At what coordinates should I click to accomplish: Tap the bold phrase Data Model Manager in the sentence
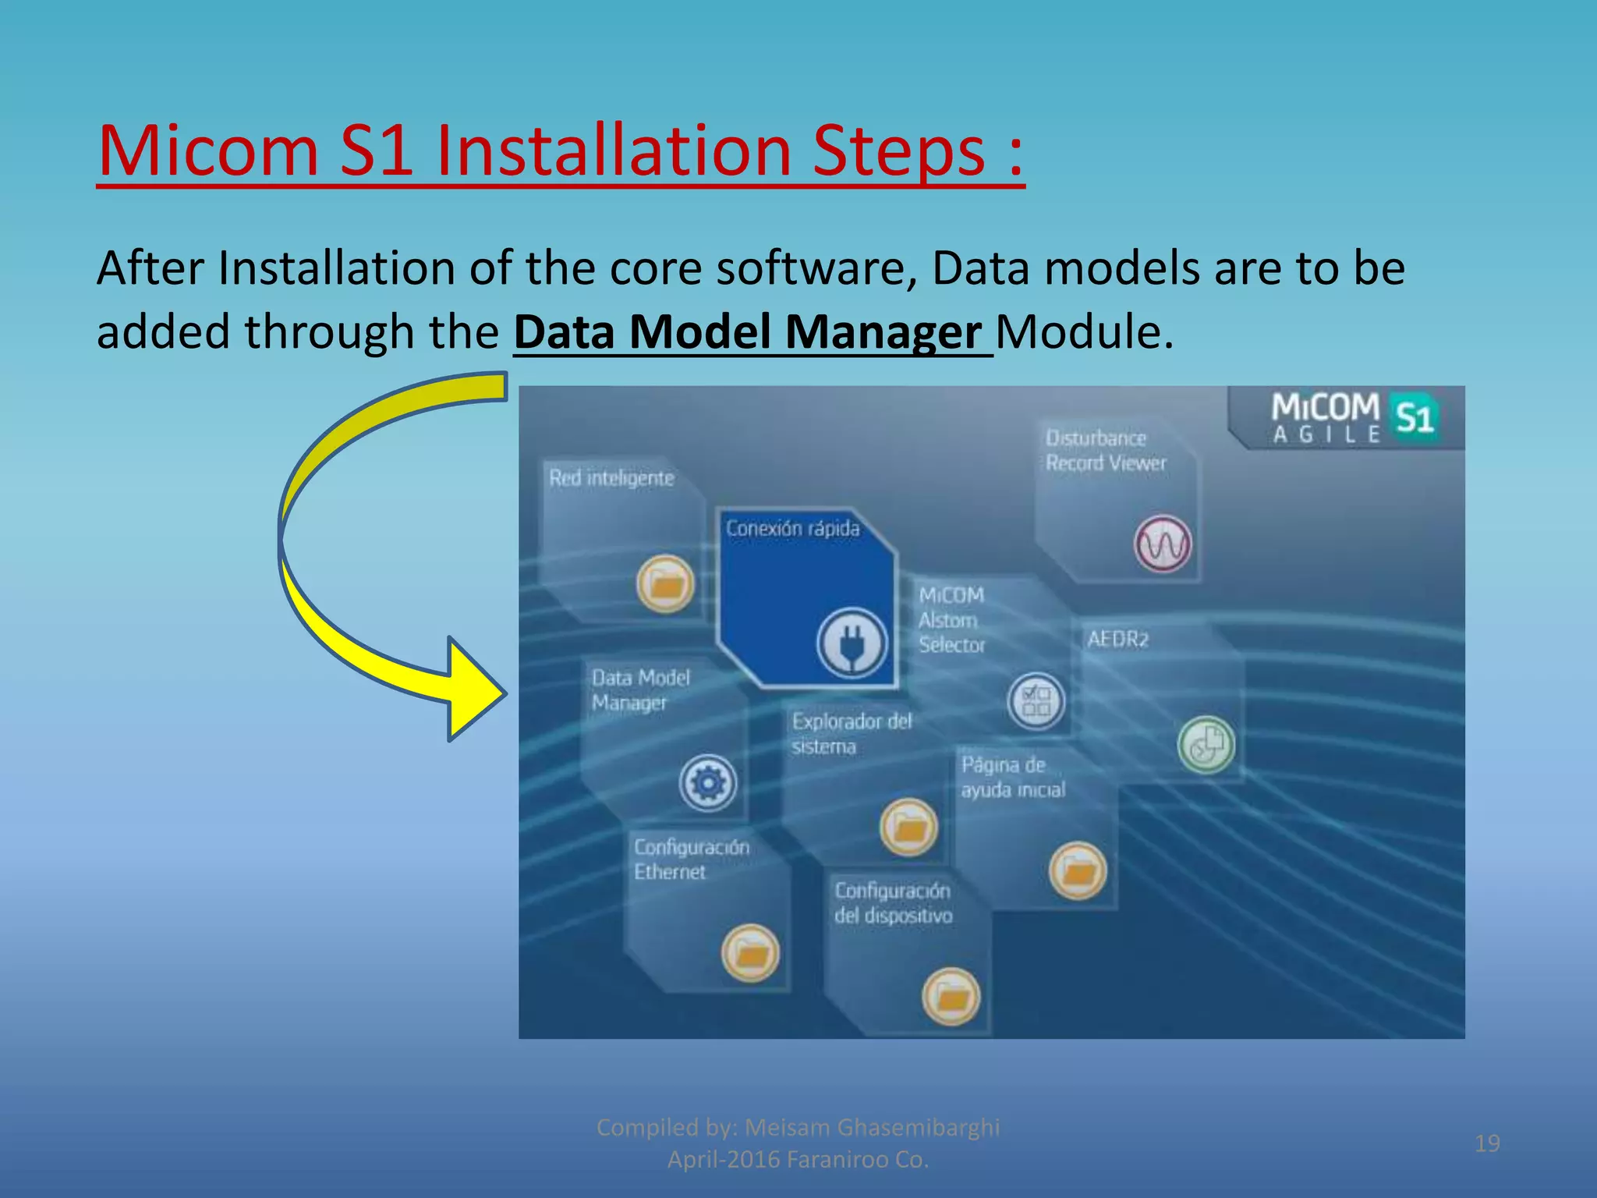(x=747, y=332)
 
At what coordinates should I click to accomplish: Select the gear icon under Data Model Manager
(x=707, y=782)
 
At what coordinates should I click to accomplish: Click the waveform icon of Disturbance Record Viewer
(x=1162, y=544)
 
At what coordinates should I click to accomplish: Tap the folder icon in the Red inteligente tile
(x=665, y=583)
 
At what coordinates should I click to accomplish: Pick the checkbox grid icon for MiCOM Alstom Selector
(x=1036, y=700)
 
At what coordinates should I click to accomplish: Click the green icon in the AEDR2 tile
(x=1206, y=745)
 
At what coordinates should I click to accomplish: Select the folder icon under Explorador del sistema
(x=908, y=827)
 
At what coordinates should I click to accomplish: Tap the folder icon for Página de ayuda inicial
(x=1078, y=870)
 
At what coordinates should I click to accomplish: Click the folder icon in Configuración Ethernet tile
(x=750, y=953)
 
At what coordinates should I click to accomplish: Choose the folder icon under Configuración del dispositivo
(x=951, y=996)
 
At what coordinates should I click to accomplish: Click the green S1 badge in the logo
(x=1414, y=418)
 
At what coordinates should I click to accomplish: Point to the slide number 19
(x=1487, y=1143)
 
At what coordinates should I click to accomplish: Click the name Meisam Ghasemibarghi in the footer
(x=872, y=1128)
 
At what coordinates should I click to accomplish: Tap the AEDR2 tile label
(x=1117, y=640)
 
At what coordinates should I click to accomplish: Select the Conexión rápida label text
(x=792, y=529)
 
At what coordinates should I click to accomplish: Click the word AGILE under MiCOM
(x=1326, y=435)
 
